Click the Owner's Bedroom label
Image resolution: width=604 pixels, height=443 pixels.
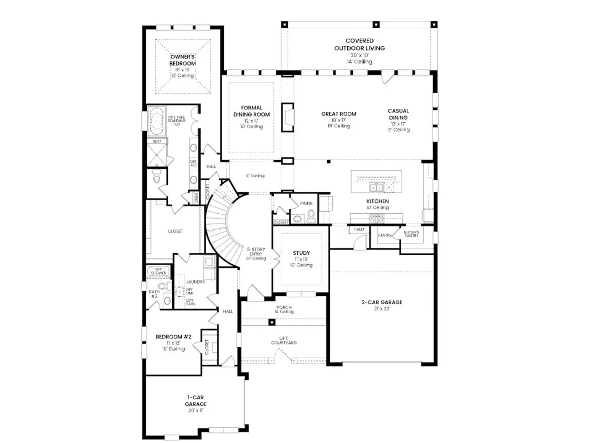[183, 60]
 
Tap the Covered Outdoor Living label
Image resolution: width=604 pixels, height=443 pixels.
[359, 45]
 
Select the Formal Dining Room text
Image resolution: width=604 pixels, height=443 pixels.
[252, 111]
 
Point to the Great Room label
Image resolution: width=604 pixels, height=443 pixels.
[338, 114]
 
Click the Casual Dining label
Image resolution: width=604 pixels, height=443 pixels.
[398, 114]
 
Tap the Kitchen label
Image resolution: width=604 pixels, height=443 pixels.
[377, 201]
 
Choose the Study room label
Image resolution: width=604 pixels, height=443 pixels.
[301, 253]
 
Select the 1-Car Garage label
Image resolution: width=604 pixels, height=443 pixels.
[195, 401]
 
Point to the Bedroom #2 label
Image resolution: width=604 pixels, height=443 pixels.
[173, 337]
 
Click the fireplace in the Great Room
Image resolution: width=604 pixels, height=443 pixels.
[287, 117]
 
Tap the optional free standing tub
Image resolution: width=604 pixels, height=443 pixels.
[156, 121]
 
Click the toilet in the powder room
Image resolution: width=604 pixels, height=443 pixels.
[311, 216]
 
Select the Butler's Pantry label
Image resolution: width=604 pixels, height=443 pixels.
[411, 234]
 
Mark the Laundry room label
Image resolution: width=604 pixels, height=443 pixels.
[195, 282]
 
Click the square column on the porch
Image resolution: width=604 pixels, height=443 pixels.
[271, 322]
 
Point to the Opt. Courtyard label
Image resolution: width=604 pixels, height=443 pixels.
[284, 340]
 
